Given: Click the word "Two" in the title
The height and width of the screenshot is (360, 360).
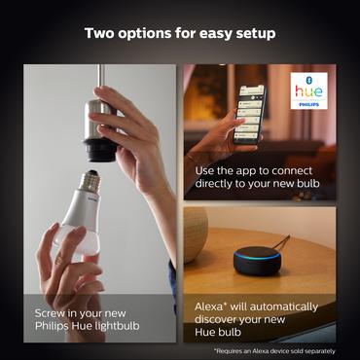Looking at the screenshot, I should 100,34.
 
